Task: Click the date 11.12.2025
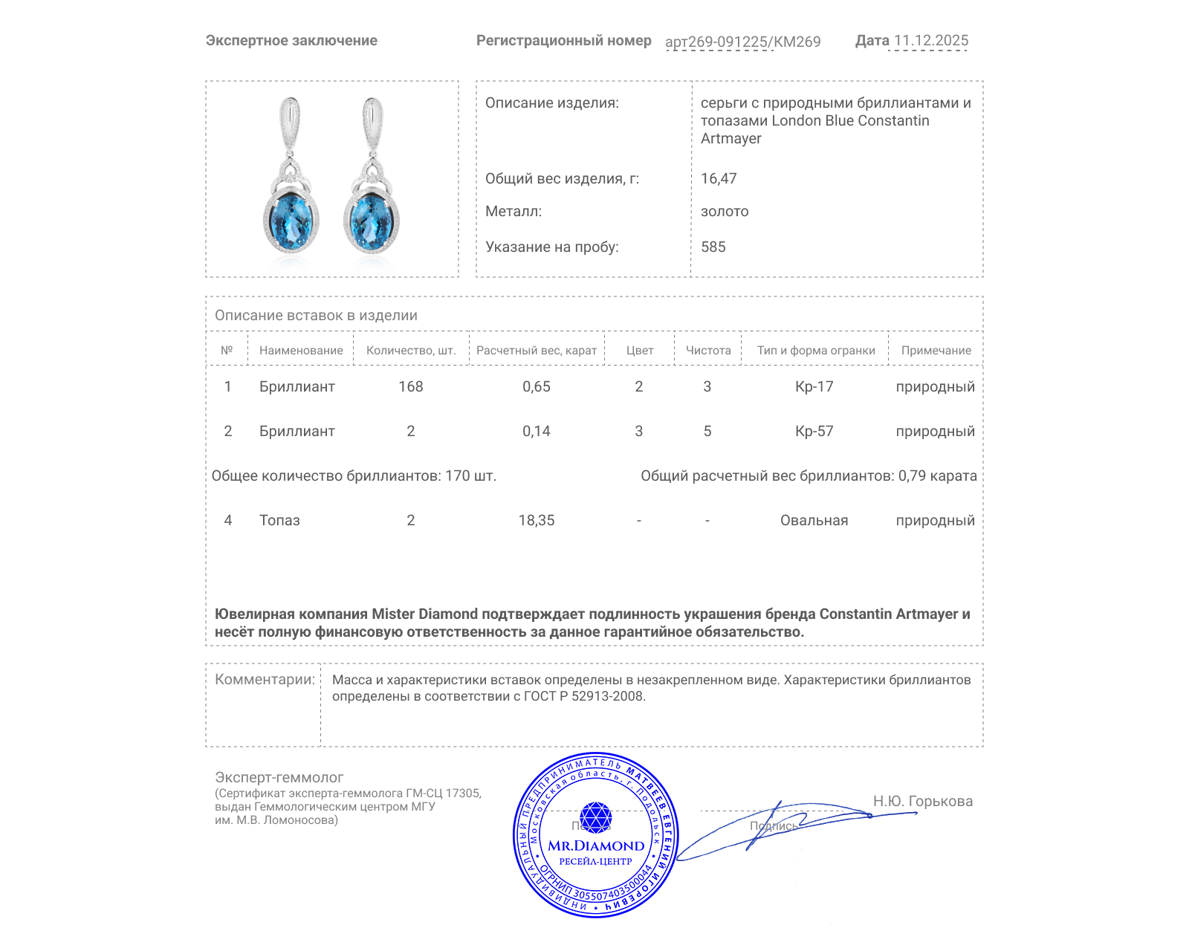930,41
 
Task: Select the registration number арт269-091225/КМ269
742,42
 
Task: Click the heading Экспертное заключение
291,41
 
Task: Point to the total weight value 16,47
719,178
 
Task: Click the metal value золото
725,211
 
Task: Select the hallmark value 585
713,247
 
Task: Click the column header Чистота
708,350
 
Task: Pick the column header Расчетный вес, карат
536,350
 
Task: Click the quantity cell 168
410,386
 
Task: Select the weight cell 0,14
536,431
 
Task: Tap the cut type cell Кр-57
814,431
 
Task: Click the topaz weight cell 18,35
536,520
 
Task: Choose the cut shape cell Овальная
814,520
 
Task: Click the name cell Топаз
279,520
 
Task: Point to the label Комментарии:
265,679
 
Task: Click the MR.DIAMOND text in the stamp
596,845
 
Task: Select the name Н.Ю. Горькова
922,801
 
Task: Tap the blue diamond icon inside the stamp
595,817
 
